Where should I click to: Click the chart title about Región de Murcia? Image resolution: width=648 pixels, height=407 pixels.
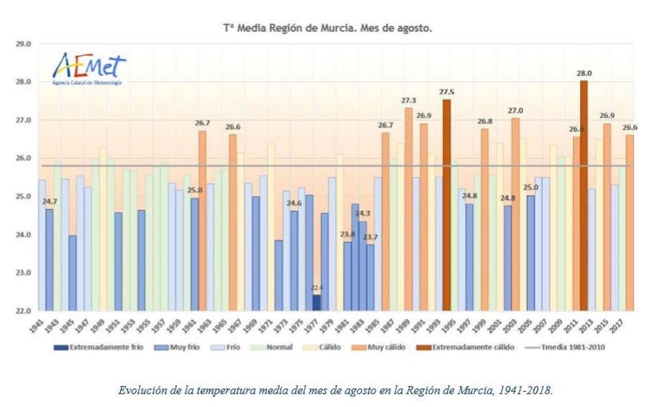pos(328,28)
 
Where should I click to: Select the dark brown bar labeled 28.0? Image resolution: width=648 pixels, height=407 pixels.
pos(584,195)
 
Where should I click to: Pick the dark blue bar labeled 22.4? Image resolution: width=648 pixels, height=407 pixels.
pos(316,302)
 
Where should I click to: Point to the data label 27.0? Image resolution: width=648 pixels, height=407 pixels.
pos(515,111)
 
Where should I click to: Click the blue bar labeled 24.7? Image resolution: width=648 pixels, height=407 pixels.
pos(49,259)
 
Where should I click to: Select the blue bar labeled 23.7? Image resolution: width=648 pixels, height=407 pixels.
pos(370,277)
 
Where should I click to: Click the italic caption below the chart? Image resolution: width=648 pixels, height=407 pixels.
pos(335,390)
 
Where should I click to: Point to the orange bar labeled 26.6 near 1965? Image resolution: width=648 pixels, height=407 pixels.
pos(233,222)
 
